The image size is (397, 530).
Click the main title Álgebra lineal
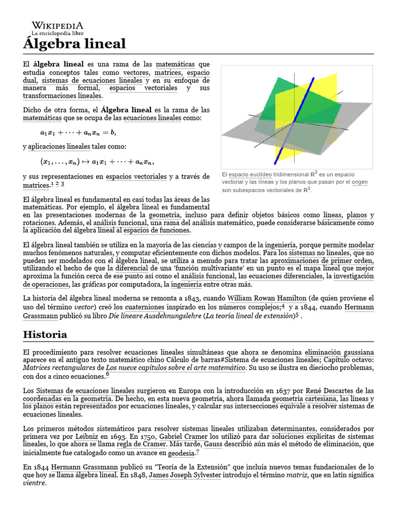click(x=74, y=43)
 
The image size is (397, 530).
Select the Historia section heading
click(x=45, y=334)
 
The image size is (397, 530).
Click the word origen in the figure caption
click(x=360, y=182)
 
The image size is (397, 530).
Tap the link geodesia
click(x=181, y=453)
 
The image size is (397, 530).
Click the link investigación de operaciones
click(x=354, y=277)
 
